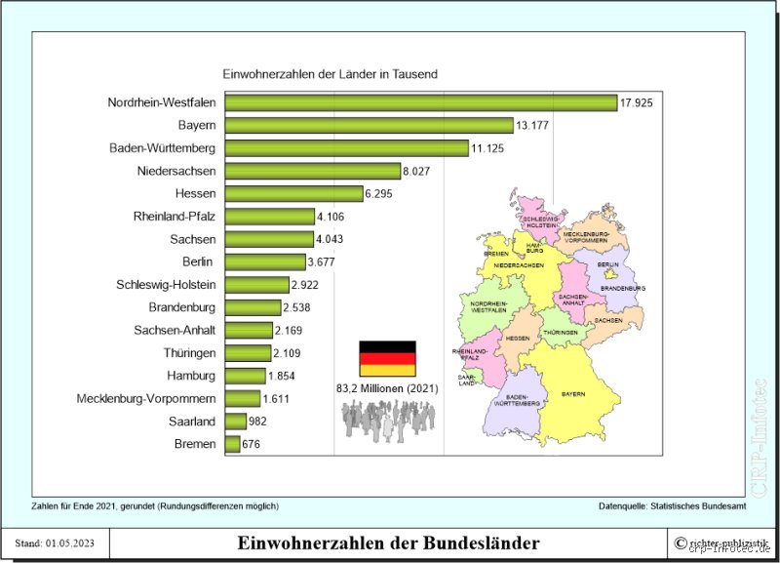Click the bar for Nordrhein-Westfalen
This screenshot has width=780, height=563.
[419, 102]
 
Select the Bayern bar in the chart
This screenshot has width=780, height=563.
[369, 125]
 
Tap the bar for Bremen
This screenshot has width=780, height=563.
[232, 444]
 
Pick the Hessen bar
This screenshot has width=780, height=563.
[292, 193]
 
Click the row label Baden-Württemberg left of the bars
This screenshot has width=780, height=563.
[163, 148]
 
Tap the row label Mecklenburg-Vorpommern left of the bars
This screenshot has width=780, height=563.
[146, 398]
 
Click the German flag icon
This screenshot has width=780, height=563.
[387, 359]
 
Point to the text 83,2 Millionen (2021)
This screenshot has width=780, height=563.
[388, 388]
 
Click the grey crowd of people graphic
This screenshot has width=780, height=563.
[387, 420]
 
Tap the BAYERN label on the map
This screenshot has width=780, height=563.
[573, 394]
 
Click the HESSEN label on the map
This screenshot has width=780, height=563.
[518, 338]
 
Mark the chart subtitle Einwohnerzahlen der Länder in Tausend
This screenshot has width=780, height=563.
[331, 74]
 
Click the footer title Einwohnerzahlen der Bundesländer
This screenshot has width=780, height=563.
[388, 543]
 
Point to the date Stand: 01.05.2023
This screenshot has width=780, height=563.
[55, 543]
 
